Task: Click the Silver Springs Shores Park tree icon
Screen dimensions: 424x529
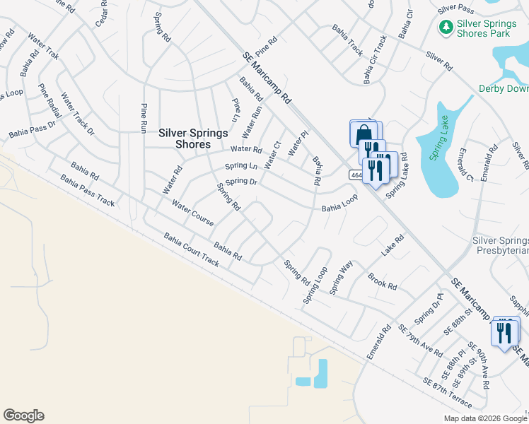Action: click(x=446, y=28)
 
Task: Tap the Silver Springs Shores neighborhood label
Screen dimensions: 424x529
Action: click(x=184, y=139)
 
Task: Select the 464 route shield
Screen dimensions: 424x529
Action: click(x=356, y=175)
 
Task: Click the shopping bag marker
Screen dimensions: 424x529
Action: click(x=363, y=134)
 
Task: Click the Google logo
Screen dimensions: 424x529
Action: click(x=23, y=416)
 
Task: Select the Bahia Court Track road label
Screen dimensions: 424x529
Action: click(x=191, y=249)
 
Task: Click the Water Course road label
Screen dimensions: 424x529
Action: click(x=192, y=212)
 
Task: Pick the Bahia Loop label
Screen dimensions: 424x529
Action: click(x=339, y=203)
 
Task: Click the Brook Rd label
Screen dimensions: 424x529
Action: click(x=382, y=281)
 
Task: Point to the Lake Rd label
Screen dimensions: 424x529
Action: click(x=393, y=245)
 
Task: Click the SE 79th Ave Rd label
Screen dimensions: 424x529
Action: click(x=420, y=341)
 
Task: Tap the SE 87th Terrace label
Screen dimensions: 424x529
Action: click(x=447, y=391)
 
